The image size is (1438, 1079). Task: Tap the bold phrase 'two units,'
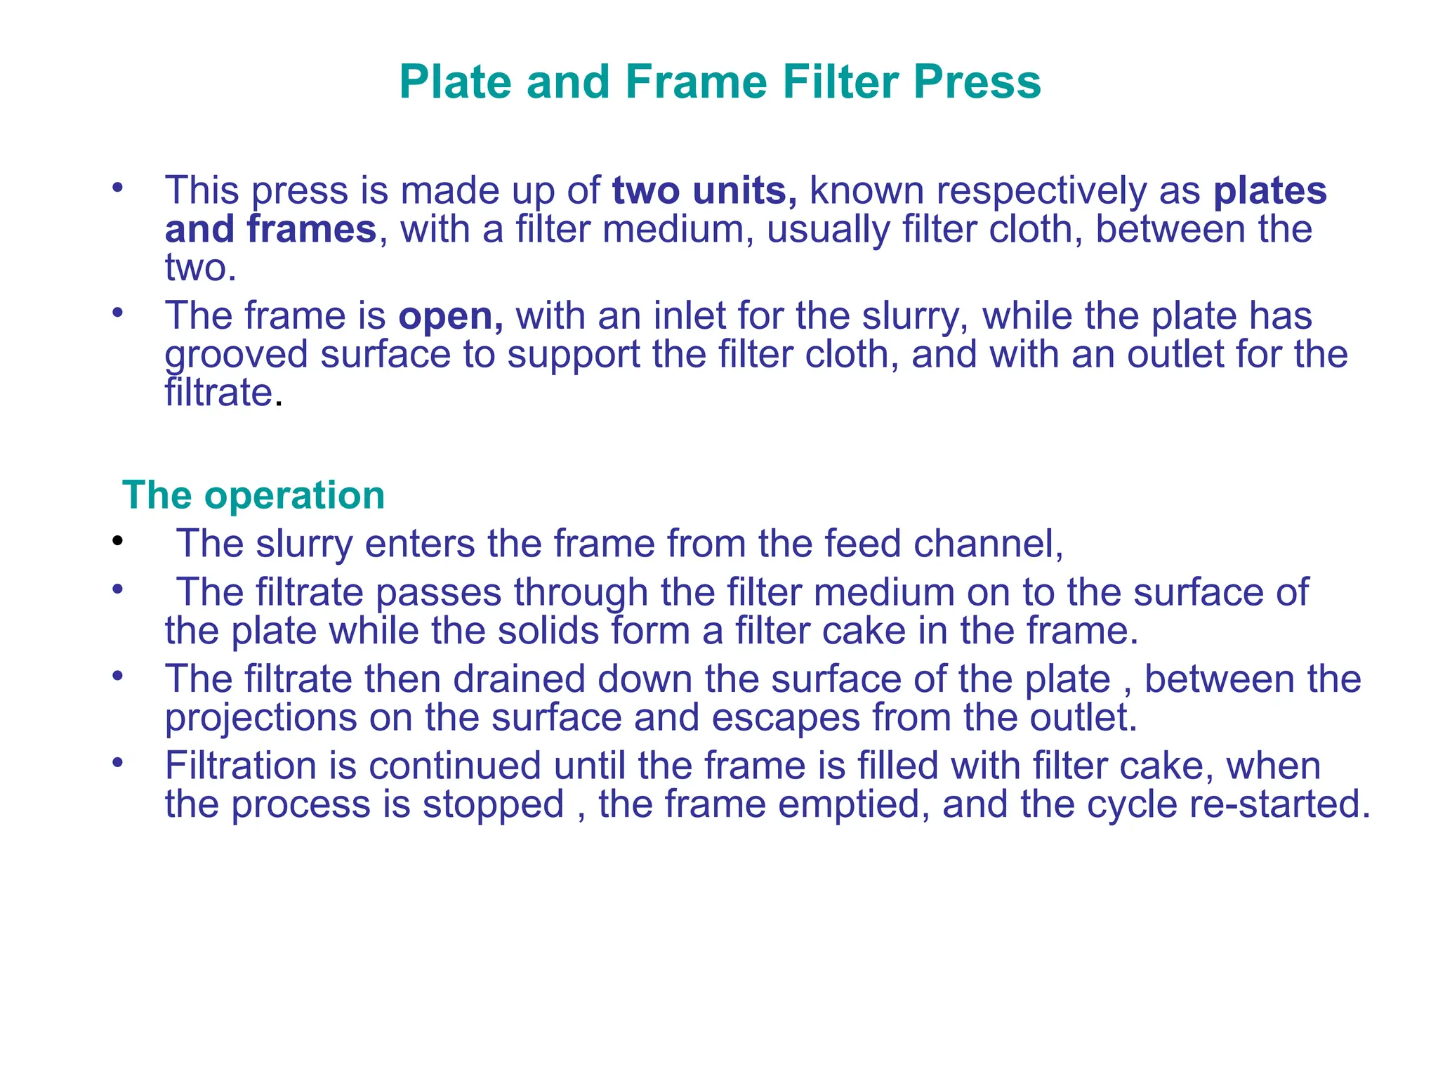coord(704,190)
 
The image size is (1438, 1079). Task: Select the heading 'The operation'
coord(253,495)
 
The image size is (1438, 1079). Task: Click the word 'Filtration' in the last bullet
coord(240,766)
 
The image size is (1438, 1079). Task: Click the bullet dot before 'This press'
coord(117,188)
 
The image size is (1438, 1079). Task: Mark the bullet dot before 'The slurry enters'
coord(117,541)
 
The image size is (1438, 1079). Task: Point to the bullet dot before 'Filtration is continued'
coord(117,763)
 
